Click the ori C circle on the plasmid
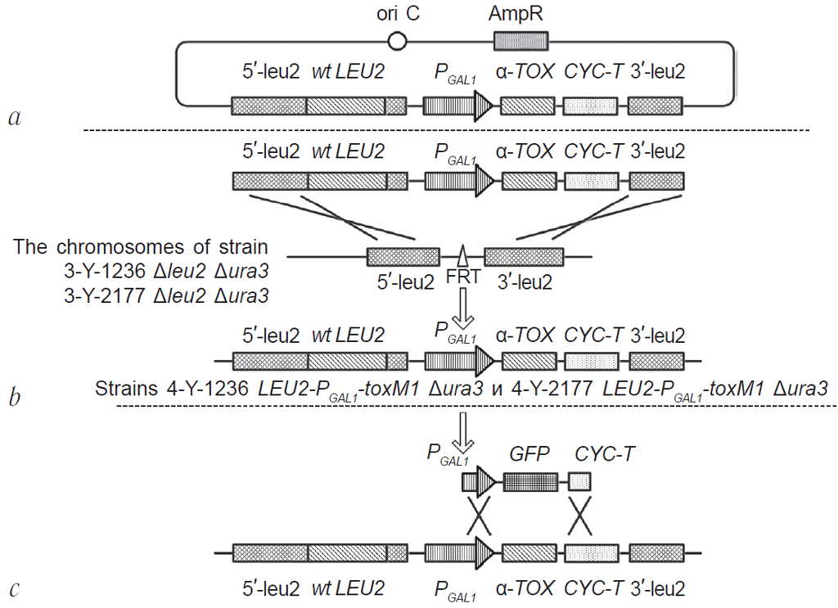tap(397, 40)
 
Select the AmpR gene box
tap(520, 40)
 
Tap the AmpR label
tap(520, 14)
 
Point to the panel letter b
tap(14, 399)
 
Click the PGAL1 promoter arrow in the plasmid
tap(457, 106)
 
